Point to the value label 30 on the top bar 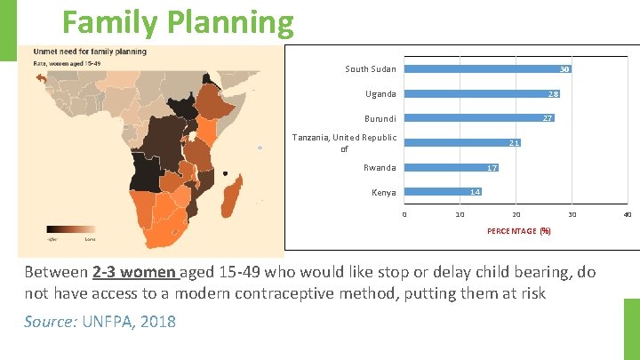pyautogui.click(x=564, y=69)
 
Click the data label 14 pyautogui.click(x=476, y=192)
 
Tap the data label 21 pyautogui.click(x=514, y=143)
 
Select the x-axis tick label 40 pyautogui.click(x=628, y=214)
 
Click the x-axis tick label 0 pyautogui.click(x=404, y=214)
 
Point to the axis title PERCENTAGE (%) pyautogui.click(x=519, y=231)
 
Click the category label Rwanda pyautogui.click(x=380, y=168)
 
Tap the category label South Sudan pyautogui.click(x=371, y=69)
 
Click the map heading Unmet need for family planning pyautogui.click(x=90, y=52)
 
